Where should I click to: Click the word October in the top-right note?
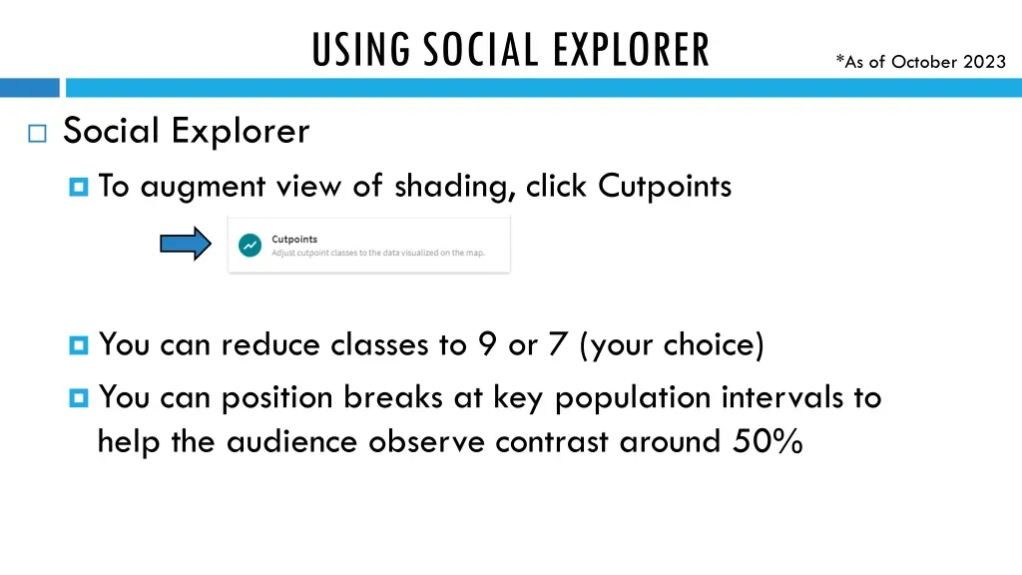click(x=923, y=62)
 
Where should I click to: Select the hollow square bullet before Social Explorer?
click(x=38, y=135)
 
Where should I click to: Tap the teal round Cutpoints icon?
click(x=251, y=245)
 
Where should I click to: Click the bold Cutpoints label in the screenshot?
click(x=294, y=239)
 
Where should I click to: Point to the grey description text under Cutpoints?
click(x=377, y=253)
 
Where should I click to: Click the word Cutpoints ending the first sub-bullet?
click(x=665, y=186)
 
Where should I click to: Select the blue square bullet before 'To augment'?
click(x=81, y=187)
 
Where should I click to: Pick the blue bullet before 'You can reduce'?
click(x=81, y=345)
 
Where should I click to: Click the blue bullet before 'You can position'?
click(x=81, y=398)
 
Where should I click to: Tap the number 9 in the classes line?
click(x=487, y=345)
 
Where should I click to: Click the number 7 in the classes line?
click(x=557, y=345)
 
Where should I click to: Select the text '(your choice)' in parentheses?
click(x=672, y=345)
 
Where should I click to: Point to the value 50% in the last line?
click(x=766, y=441)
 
